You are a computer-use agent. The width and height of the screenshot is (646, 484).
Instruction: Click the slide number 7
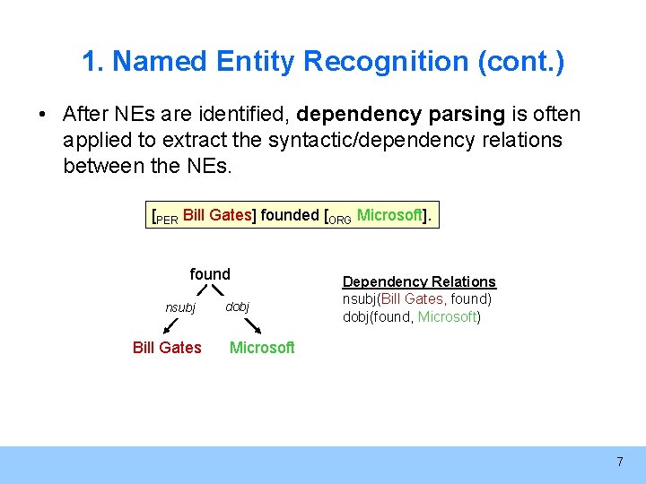click(x=619, y=462)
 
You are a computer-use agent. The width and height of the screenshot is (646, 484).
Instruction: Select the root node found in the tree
click(x=210, y=274)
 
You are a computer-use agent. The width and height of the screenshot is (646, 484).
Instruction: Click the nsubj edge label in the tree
click(x=180, y=307)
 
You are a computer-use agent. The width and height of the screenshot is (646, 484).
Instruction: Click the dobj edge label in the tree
click(x=237, y=307)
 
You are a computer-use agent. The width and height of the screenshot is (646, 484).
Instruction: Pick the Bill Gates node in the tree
click(x=167, y=348)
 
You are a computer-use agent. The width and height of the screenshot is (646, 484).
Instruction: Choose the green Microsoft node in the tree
click(x=262, y=348)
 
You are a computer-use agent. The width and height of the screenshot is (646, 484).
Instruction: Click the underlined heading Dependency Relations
click(x=419, y=282)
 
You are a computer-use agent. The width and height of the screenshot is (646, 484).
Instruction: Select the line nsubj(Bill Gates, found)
click(x=417, y=299)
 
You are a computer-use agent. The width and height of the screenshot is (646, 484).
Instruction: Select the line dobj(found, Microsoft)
click(x=412, y=316)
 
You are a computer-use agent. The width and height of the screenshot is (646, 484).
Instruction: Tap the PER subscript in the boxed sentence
click(x=167, y=220)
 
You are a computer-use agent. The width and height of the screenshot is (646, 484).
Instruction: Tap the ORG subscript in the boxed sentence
click(x=339, y=220)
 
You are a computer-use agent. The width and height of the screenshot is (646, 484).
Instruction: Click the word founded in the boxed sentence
click(x=289, y=215)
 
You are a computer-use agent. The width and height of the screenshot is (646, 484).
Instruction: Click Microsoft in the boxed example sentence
click(x=389, y=215)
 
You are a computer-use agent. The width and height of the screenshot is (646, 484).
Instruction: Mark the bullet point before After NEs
click(x=42, y=116)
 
